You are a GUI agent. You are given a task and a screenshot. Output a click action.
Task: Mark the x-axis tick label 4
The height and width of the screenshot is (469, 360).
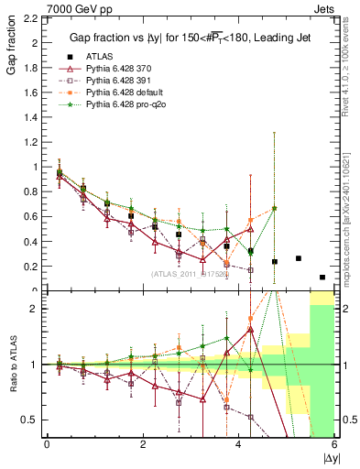point(238,444)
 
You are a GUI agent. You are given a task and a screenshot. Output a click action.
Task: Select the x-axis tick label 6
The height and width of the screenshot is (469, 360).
point(334,444)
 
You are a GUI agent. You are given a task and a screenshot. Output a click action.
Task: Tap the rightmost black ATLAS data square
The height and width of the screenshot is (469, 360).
point(322,277)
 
